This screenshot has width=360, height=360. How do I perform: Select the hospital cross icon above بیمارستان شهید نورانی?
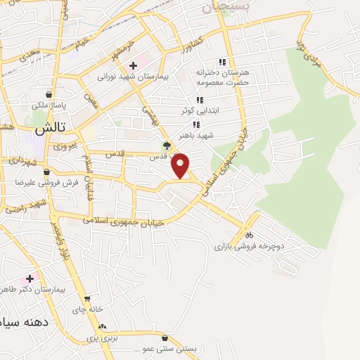143,65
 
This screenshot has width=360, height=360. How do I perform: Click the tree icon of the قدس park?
167,146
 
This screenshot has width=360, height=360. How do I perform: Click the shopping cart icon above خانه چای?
86,299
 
